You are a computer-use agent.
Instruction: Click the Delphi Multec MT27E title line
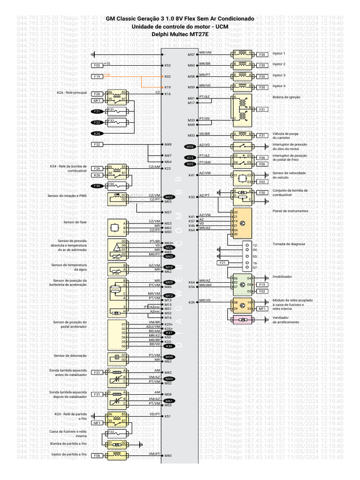pos(180,34)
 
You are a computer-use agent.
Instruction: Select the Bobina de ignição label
pos(286,97)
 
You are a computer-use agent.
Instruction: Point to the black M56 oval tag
pos(190,147)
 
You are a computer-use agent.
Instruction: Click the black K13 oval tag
pos(190,157)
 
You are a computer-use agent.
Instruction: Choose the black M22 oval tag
pos(169,197)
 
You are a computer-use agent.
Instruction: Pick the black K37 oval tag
pos(169,333)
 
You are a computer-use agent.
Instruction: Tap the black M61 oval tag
pos(169,401)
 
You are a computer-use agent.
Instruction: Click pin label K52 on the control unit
pos(168,65)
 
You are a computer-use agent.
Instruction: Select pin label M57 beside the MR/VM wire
pos(191,54)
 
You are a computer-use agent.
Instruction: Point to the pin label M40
pos(168,456)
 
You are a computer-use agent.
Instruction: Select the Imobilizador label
pos(282,277)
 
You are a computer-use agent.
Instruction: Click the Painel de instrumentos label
pos(290,211)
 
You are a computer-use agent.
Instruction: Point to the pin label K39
pos(191,302)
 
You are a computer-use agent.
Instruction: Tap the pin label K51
pos(168,416)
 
